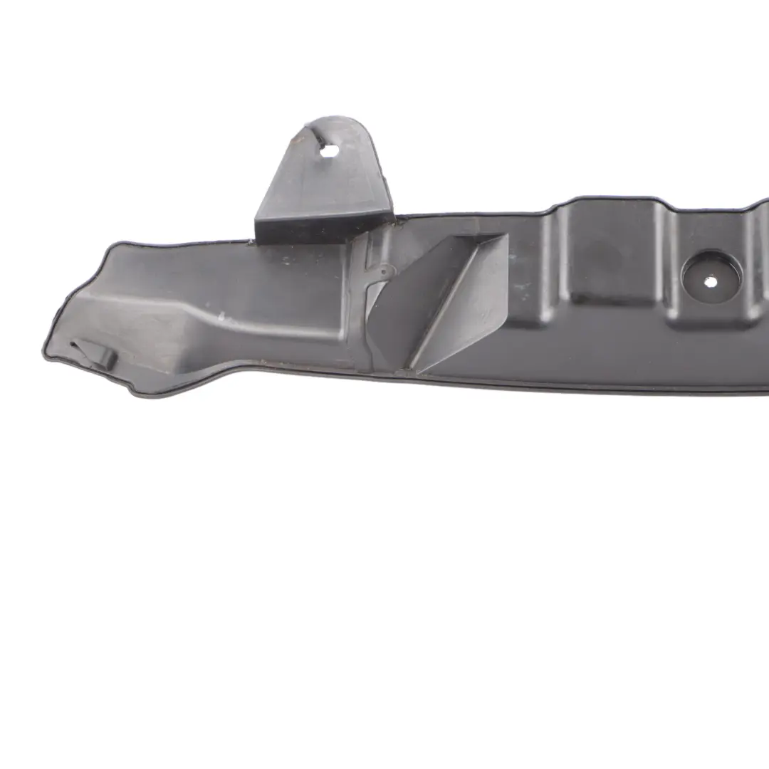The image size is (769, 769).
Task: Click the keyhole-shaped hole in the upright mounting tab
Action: pos(330,151)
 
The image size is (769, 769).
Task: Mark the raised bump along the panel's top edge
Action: pos(612,203)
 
